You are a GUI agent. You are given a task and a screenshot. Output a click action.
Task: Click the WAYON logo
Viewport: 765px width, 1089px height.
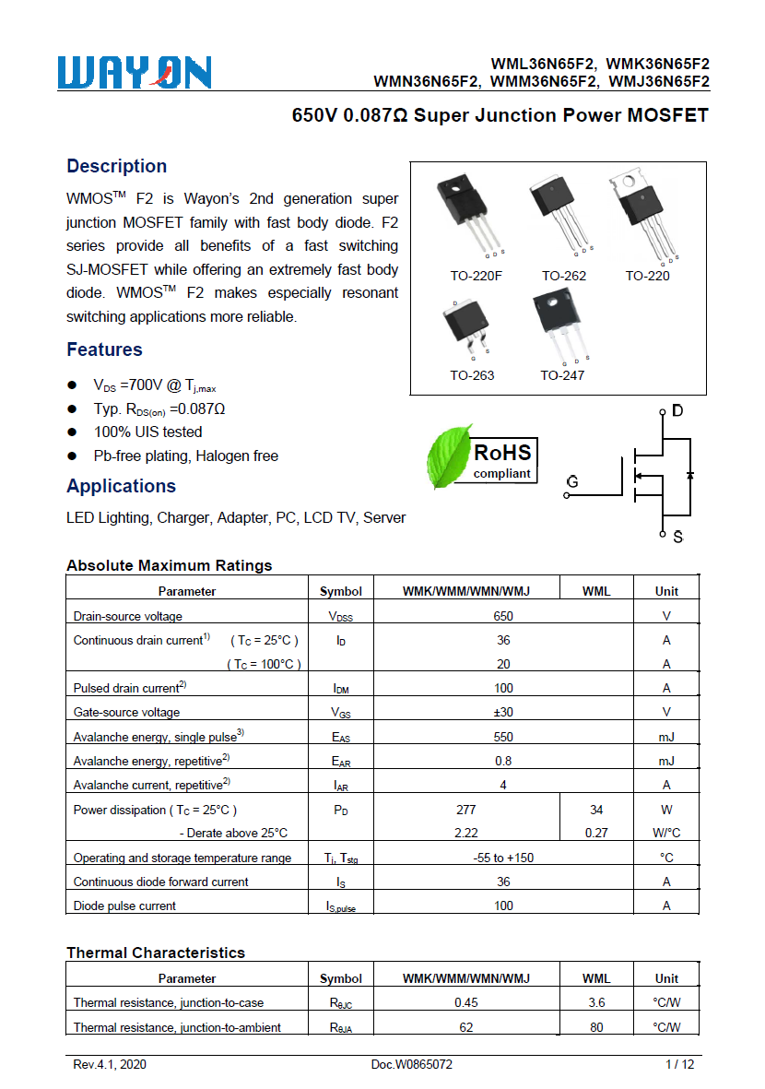click(x=135, y=73)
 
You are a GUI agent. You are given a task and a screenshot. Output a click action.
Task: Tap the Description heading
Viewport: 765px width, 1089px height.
click(x=116, y=166)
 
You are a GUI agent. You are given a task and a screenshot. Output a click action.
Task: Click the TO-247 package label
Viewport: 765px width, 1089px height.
click(x=562, y=375)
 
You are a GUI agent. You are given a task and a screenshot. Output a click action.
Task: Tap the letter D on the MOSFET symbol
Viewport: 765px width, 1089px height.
click(x=677, y=410)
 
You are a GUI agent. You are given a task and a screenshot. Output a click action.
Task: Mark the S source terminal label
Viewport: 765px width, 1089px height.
click(x=677, y=537)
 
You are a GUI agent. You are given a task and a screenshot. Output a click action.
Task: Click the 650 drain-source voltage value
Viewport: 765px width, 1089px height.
click(x=503, y=616)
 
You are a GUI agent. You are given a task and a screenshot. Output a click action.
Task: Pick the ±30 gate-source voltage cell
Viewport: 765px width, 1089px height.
click(x=503, y=712)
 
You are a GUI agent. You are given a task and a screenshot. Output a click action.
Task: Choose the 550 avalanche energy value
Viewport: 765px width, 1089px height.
click(x=503, y=736)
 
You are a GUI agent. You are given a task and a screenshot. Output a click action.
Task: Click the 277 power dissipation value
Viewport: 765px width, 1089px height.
click(x=466, y=810)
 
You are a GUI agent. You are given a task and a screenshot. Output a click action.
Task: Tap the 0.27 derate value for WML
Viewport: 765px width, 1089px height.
click(x=596, y=833)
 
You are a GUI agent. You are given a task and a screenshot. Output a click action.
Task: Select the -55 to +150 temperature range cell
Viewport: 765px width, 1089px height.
click(x=503, y=858)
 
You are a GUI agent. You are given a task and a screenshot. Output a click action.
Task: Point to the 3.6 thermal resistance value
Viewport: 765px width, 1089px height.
click(x=596, y=1002)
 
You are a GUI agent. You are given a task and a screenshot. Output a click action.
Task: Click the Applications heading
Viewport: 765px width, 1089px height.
click(x=121, y=486)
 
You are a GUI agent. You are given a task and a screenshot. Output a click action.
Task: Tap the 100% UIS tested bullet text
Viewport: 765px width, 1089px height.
click(x=147, y=432)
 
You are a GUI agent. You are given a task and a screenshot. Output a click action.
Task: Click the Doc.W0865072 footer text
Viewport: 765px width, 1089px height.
click(x=412, y=1064)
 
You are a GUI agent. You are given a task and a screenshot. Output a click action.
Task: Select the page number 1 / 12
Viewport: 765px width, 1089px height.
click(x=679, y=1064)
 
